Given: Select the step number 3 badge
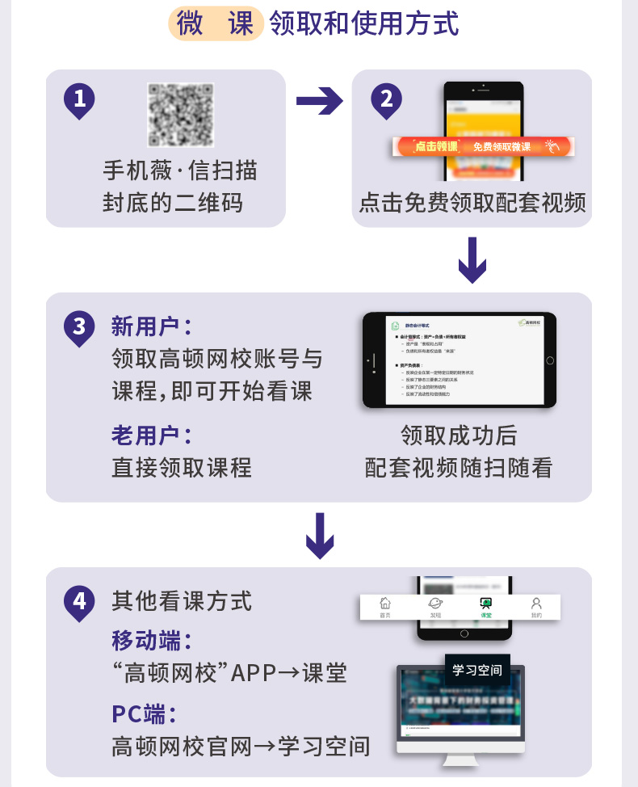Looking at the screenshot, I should pos(79,327).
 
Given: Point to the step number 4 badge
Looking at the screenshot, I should pos(79,602).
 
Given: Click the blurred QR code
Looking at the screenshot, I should pos(180,115).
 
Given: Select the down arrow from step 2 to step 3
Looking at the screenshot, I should pos(472,259).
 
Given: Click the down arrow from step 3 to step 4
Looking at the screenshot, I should pos(320,535).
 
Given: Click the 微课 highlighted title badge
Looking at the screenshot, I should pos(216,23).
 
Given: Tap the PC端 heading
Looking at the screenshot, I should pos(144,714).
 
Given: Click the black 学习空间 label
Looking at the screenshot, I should pos(477,670).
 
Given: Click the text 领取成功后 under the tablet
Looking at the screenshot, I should pos(459,436).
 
